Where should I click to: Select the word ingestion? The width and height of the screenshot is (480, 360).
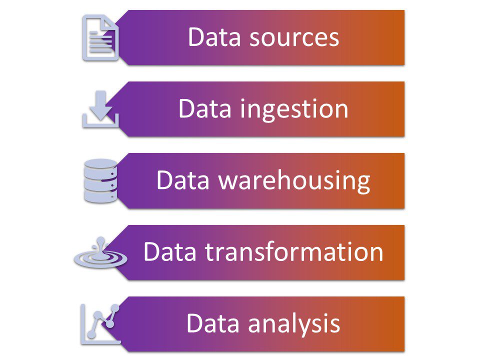295,109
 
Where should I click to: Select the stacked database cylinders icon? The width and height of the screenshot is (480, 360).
100,180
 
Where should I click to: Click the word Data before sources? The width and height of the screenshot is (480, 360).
210,38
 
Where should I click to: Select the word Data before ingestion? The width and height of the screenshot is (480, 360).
201,109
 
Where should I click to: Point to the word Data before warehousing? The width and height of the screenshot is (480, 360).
179,181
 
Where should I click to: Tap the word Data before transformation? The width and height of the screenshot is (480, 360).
166,252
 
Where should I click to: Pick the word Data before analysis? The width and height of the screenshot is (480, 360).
209,323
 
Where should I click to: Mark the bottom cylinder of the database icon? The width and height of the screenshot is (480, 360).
100,196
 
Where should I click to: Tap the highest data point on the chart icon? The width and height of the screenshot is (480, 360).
115,307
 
